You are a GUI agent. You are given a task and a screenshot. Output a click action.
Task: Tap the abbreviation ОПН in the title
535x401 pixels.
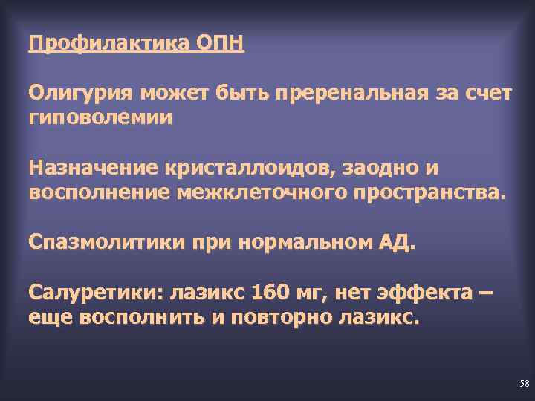pos(220,43)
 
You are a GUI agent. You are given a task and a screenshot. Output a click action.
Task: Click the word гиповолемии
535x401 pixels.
pos(100,117)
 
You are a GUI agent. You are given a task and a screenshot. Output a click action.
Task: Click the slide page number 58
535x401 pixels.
pos(525,384)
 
